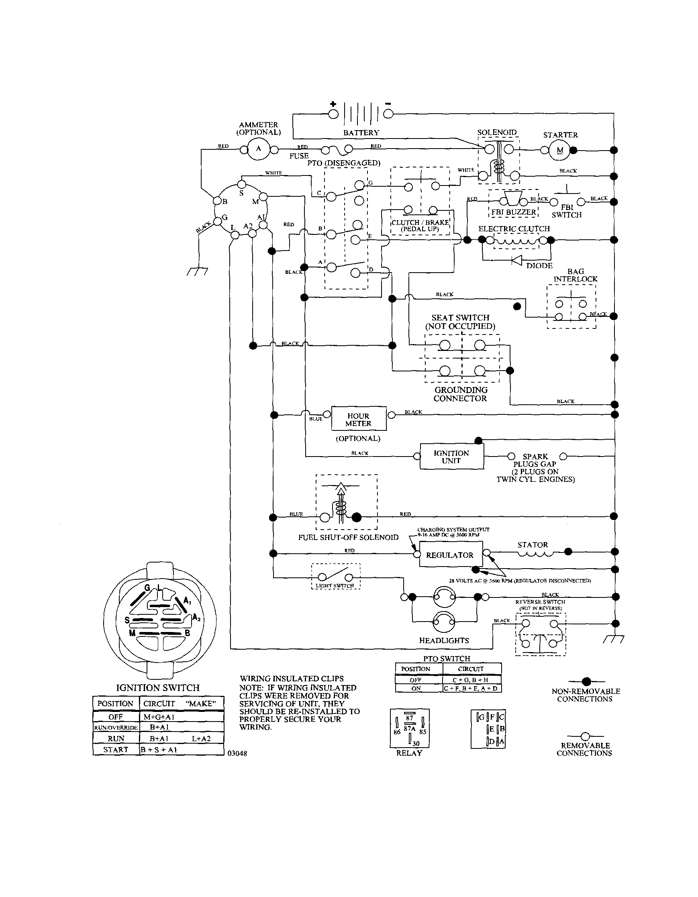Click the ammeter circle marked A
click(x=258, y=149)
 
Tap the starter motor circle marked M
click(x=559, y=150)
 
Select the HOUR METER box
click(x=359, y=419)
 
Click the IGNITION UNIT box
click(x=451, y=456)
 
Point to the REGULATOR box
click(x=450, y=555)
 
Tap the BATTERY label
click(x=361, y=133)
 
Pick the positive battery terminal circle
click(x=333, y=114)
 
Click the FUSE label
click(x=299, y=156)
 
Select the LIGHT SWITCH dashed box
click(x=336, y=576)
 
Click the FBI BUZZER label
click(x=513, y=212)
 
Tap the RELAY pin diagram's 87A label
click(x=409, y=728)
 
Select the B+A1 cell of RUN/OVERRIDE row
click(x=159, y=727)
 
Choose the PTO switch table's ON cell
click(x=416, y=688)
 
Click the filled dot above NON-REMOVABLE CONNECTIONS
click(x=586, y=681)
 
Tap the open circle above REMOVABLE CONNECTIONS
click(x=586, y=736)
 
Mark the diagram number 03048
click(x=237, y=753)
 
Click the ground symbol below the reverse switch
click(x=614, y=639)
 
